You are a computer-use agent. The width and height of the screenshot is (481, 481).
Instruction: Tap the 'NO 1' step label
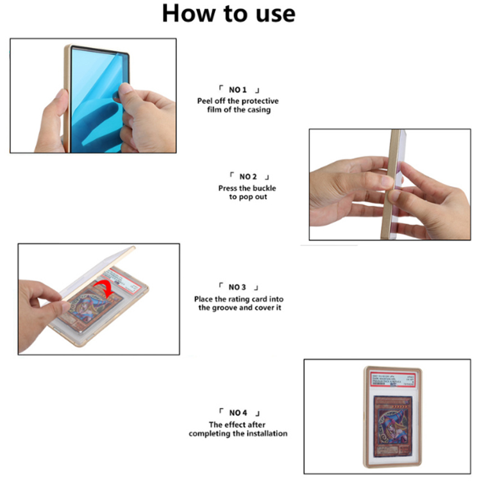tap(238, 90)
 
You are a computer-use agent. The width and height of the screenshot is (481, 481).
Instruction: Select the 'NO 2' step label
tap(248, 176)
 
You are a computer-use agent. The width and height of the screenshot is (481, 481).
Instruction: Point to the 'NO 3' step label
tap(237, 287)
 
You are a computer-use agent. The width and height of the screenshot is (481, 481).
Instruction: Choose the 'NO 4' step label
tap(237, 412)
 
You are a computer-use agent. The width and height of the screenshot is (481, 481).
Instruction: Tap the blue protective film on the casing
tap(96, 96)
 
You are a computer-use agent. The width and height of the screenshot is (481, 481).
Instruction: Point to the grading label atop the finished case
tap(391, 379)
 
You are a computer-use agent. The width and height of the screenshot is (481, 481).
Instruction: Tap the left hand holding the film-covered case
tap(51, 122)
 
